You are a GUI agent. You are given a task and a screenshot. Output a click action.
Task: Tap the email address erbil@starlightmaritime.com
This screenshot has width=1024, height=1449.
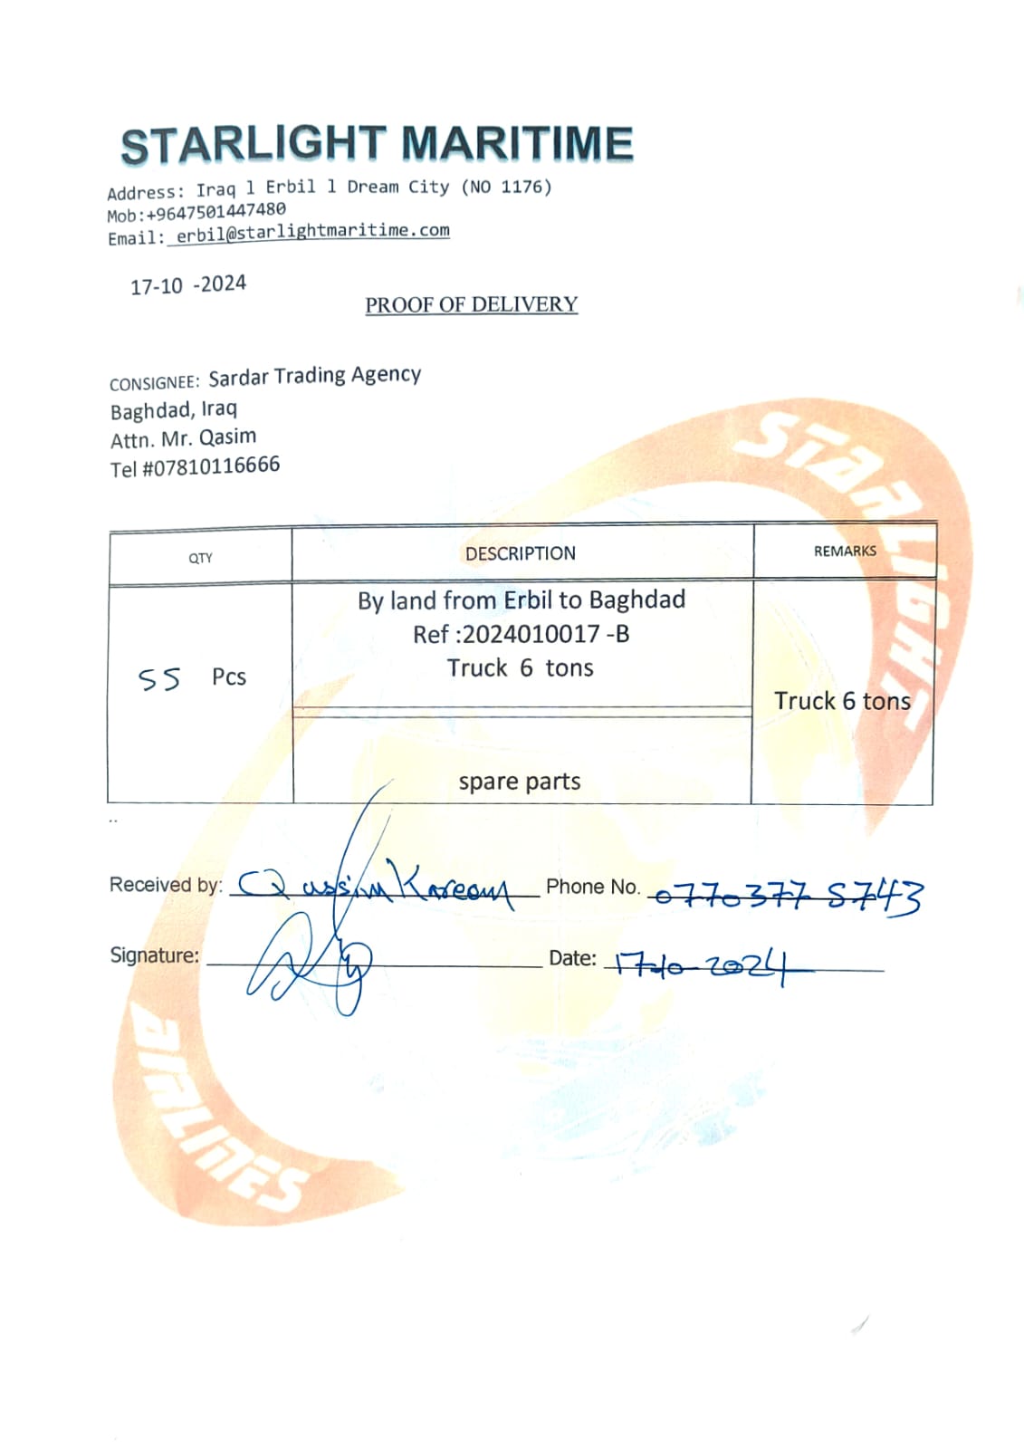(x=312, y=232)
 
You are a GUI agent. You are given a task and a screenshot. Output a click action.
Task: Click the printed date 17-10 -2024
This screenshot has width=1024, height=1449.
(x=188, y=285)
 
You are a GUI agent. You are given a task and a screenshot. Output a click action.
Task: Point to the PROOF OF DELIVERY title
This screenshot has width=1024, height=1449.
(x=471, y=305)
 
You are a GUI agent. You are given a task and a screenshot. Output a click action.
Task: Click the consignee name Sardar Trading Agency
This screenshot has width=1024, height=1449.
(x=314, y=376)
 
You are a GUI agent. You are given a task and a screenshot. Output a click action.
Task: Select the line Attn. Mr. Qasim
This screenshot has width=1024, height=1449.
(x=183, y=438)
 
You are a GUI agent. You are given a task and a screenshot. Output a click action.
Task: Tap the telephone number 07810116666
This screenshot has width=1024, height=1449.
(x=212, y=466)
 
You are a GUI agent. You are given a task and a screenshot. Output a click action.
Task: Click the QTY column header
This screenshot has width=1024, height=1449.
(x=200, y=558)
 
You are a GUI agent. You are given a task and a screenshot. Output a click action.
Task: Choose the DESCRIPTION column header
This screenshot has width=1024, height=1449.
(x=520, y=553)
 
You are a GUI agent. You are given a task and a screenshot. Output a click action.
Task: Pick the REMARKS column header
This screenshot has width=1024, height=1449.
(x=844, y=551)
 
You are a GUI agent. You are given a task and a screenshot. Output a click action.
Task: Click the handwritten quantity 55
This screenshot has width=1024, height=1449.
(x=159, y=679)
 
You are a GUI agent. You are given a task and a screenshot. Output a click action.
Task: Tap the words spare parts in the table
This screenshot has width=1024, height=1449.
(x=519, y=782)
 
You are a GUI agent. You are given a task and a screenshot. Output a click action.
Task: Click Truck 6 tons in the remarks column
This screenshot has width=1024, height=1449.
(x=841, y=701)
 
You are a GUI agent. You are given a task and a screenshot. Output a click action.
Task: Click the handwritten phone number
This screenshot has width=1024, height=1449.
(x=786, y=897)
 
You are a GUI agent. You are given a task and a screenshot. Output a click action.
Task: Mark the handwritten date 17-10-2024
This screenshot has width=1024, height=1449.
(x=702, y=966)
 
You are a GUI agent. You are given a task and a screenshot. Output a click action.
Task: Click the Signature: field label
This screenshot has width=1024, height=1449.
(x=154, y=955)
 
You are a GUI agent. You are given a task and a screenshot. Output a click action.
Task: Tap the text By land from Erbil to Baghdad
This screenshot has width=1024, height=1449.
(x=521, y=600)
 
